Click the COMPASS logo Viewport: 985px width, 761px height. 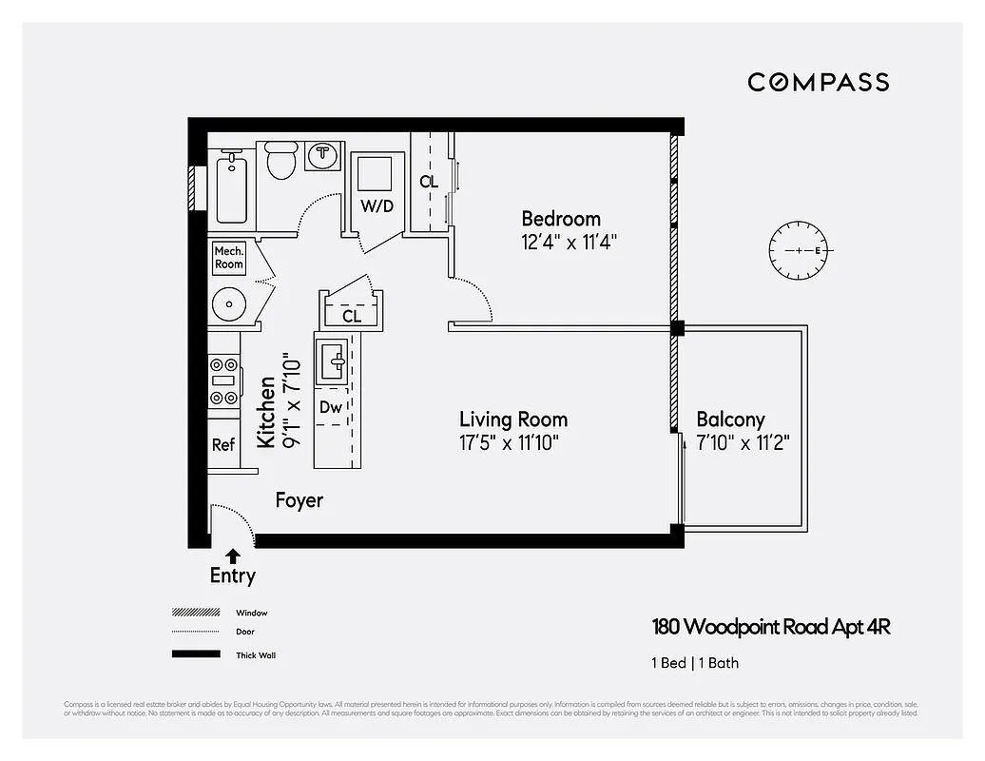coord(818,82)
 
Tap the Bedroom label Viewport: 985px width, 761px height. coord(561,219)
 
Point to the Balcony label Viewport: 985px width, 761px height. coord(730,420)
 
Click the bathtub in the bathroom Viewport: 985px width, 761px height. coord(232,189)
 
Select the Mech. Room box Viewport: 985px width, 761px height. coord(229,258)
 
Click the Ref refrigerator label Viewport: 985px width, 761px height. coord(223,444)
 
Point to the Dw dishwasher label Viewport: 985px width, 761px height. coord(330,407)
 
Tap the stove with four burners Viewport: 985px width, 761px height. coord(224,380)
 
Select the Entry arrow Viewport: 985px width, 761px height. coord(233,556)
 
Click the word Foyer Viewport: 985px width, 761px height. coord(299,500)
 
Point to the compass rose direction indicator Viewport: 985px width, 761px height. coord(800,250)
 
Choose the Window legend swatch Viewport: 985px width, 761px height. coord(195,614)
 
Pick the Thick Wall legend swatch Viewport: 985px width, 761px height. coord(195,654)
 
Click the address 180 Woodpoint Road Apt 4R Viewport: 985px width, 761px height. coord(771,627)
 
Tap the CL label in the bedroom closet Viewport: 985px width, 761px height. coord(429,181)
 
